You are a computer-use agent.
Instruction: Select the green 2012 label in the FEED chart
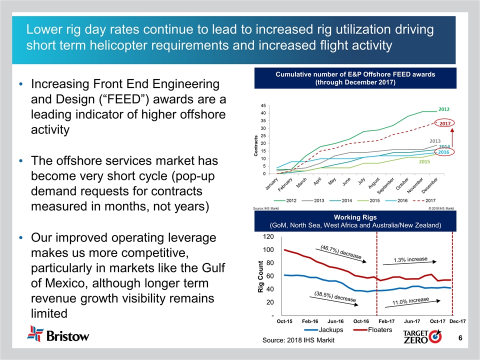coord(444,109)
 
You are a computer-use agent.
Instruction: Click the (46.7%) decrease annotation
coord(341,251)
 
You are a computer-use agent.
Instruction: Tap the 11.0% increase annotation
coord(410,300)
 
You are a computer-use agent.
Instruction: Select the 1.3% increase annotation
coord(410,259)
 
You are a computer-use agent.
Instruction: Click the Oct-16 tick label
coord(361,322)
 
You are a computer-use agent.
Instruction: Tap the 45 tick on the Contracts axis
coord(263,105)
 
